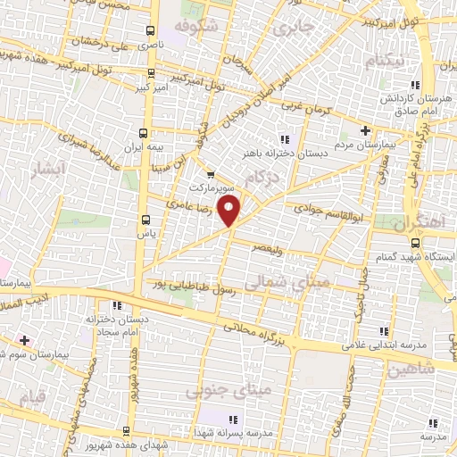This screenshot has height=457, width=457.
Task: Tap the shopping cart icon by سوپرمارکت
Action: tap(211, 175)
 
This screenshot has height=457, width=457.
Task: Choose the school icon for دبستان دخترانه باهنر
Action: tap(285, 138)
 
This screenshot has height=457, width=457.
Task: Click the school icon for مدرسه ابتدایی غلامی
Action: tap(385, 331)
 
